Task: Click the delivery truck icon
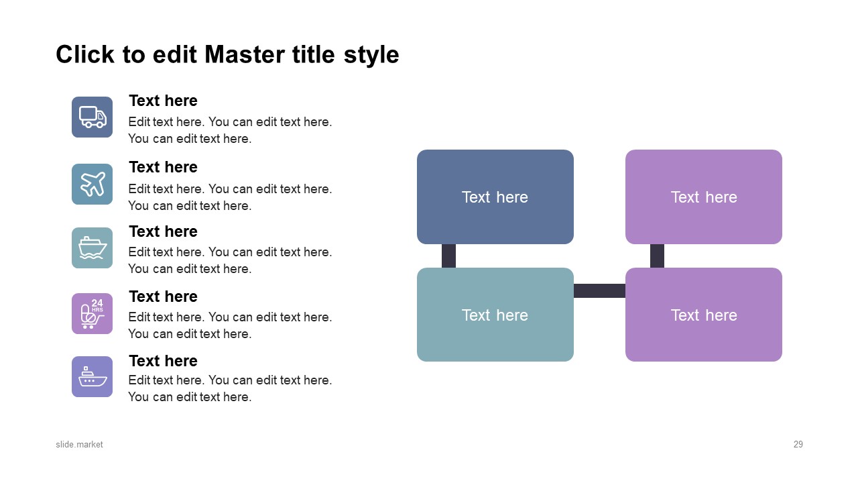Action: pos(93,117)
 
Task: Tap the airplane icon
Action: pos(93,184)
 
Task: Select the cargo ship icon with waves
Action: pos(93,248)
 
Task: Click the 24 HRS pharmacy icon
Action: pos(93,313)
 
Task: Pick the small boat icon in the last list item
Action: pos(93,377)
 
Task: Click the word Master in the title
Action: pos(245,54)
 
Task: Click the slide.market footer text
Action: pos(79,445)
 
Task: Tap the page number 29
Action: pos(798,445)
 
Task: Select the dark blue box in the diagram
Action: pos(495,197)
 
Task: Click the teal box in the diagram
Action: pos(495,315)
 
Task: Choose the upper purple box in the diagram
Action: pos(704,197)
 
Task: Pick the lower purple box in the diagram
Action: pos(704,315)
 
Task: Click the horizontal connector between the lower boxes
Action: pos(599,290)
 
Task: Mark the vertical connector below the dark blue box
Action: pos(448,256)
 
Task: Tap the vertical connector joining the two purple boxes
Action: pos(657,256)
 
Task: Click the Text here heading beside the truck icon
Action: pos(163,101)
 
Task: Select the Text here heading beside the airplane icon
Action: pos(163,167)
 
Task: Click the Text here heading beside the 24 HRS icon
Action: pos(163,297)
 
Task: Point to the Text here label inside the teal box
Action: pos(495,315)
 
